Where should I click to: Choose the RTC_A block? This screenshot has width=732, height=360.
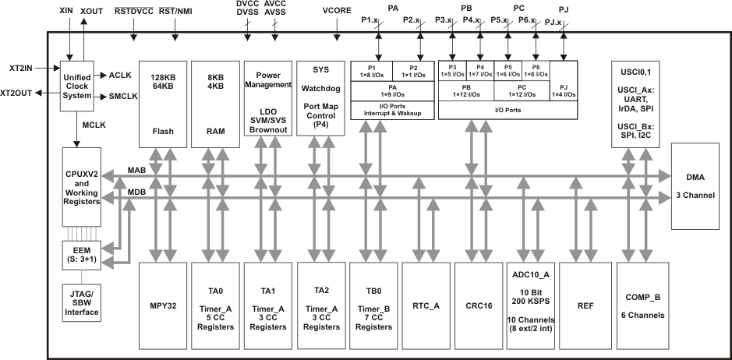426,305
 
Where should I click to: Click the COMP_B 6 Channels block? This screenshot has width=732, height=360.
643,305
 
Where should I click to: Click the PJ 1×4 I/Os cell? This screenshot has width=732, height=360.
563,90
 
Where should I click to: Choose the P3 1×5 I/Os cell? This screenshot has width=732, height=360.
453,71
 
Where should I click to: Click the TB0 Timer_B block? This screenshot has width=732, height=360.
373,305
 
